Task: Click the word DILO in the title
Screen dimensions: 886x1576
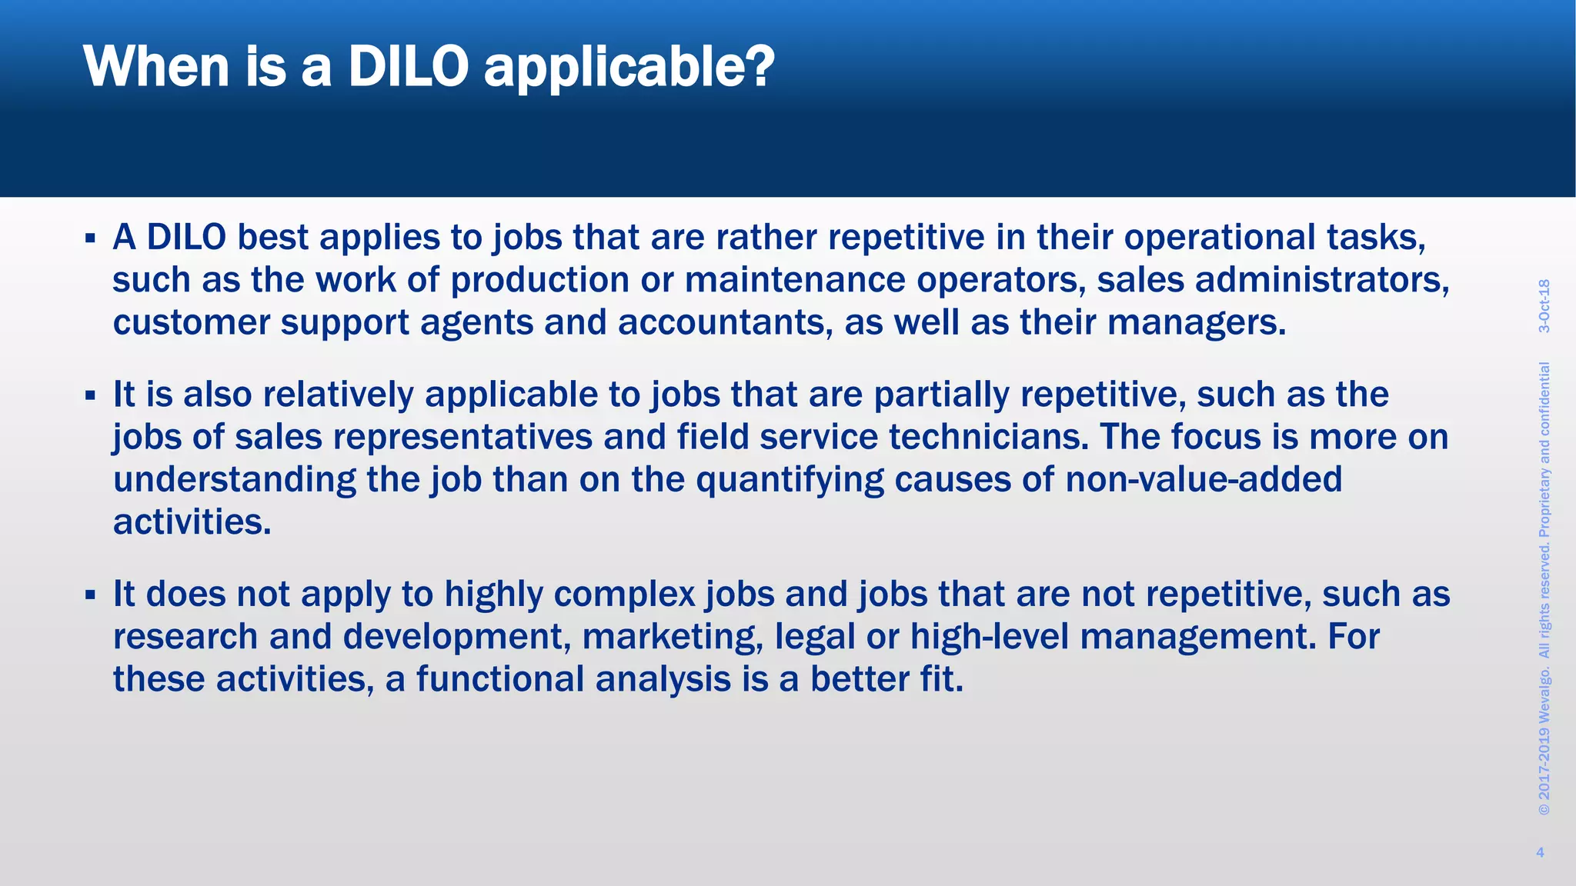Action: [408, 68]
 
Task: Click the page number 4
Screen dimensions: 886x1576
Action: [1540, 852]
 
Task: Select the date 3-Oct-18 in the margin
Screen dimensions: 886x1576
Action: [1544, 306]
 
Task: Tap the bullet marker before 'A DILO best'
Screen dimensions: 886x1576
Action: [90, 238]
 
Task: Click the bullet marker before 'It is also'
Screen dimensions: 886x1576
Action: [90, 396]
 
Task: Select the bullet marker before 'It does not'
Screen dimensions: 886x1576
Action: [90, 595]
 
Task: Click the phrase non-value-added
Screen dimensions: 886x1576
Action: [1204, 480]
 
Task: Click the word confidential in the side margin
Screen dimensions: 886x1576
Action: [1544, 408]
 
